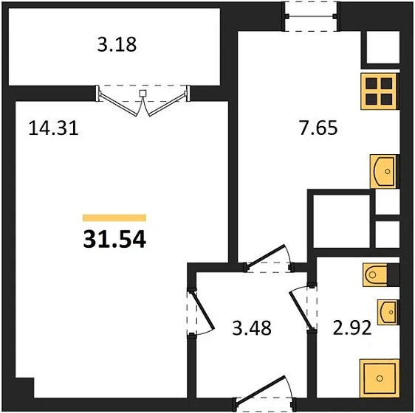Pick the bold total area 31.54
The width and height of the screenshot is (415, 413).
click(114, 240)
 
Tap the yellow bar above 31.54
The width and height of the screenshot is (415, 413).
click(114, 218)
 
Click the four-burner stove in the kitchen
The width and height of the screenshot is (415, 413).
click(380, 90)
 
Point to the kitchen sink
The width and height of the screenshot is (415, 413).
click(385, 171)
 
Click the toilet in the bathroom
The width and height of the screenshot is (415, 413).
click(380, 274)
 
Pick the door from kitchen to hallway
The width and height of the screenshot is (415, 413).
click(269, 260)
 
